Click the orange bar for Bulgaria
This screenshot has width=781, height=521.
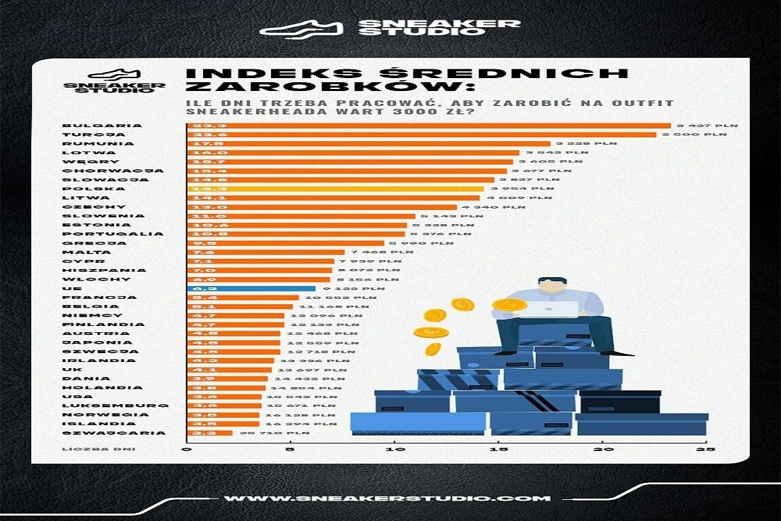pos(428,126)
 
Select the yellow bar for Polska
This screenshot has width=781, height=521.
pos(335,189)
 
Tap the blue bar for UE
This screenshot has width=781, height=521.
pos(251,288)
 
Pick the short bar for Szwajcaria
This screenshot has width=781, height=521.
pos(209,433)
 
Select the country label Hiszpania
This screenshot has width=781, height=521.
pos(91,270)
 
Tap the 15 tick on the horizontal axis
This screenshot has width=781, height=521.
pos(498,450)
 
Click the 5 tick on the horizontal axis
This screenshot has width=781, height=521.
pos(290,450)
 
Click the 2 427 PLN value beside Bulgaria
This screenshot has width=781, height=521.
pos(706,126)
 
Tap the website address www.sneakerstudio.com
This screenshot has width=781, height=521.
pos(387,498)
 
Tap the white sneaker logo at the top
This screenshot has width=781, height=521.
pos(302,28)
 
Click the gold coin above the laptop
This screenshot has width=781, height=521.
pos(509,305)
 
